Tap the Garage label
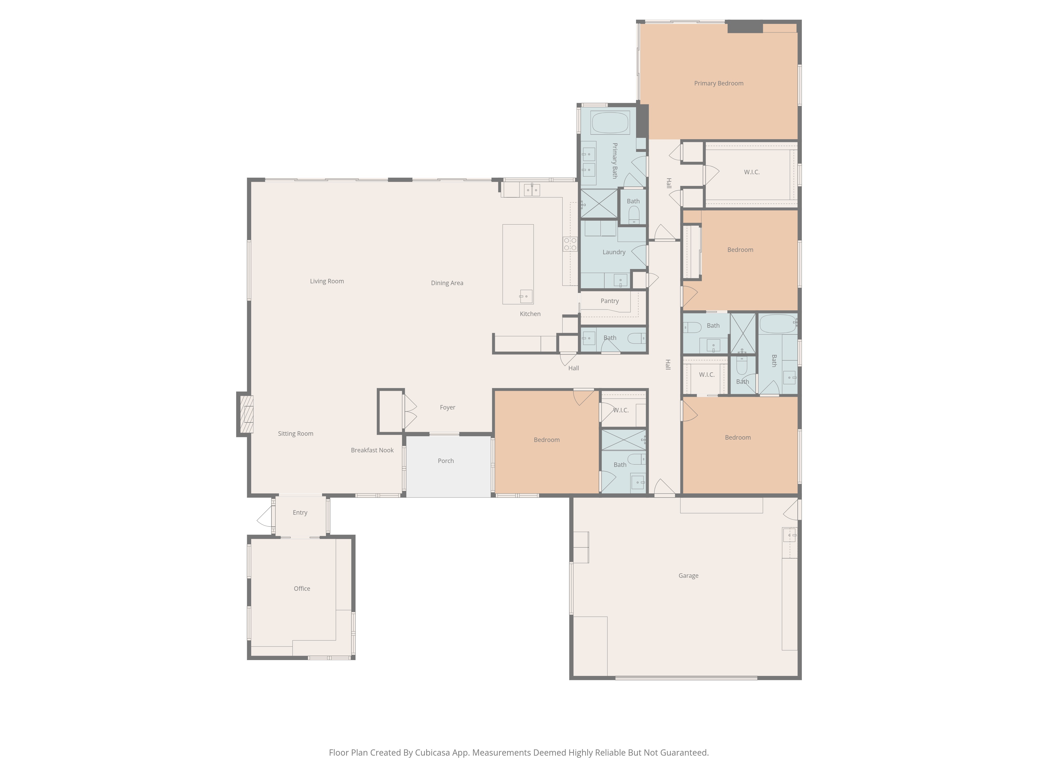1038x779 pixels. [x=688, y=576]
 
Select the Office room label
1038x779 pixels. [x=302, y=588]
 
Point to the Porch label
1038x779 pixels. [x=446, y=461]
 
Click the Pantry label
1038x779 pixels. [x=610, y=301]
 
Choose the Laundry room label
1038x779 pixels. [x=614, y=252]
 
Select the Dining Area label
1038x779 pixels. [x=447, y=283]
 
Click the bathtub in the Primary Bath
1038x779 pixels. [x=610, y=123]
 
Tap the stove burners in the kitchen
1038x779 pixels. [x=570, y=244]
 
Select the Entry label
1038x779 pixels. [x=300, y=512]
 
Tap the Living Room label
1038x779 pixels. [x=327, y=281]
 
